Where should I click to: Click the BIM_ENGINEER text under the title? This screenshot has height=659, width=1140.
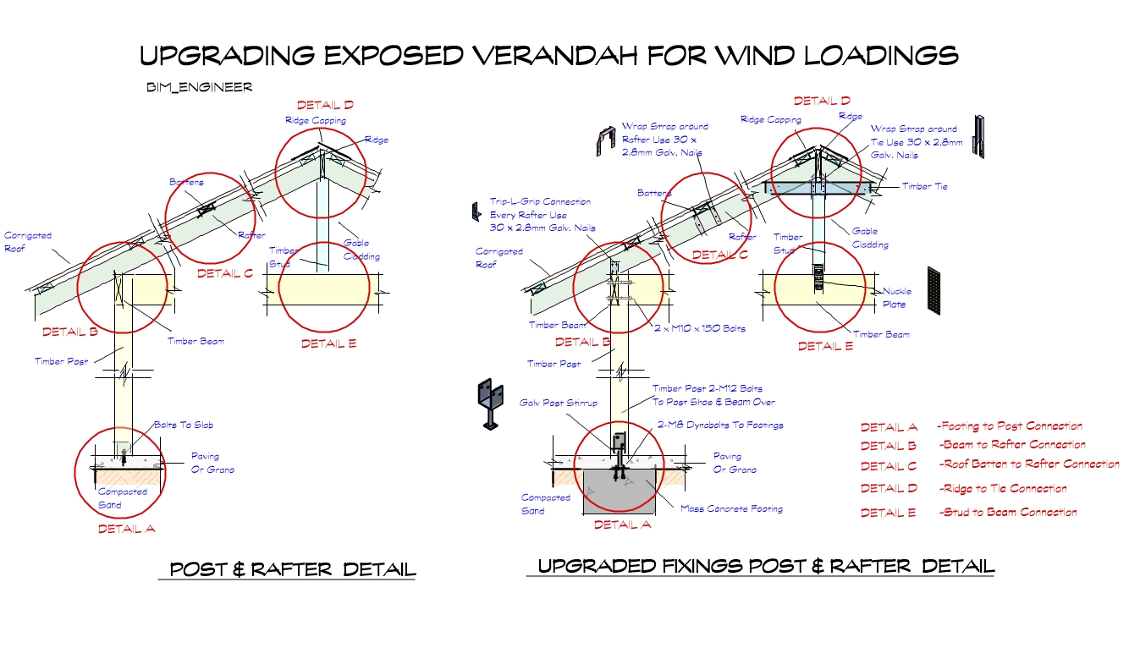coord(199,87)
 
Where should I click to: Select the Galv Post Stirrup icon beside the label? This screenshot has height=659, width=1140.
coord(489,404)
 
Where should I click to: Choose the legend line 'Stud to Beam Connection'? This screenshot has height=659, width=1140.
coord(1009,512)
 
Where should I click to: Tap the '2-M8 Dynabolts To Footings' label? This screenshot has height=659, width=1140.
coord(720,425)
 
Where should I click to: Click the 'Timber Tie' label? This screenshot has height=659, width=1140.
coord(924,186)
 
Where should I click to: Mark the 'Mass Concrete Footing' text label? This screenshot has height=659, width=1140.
coord(731,508)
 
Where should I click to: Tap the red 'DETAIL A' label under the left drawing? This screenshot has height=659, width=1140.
coord(127,529)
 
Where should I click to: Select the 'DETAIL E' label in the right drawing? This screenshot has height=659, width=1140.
coord(826,346)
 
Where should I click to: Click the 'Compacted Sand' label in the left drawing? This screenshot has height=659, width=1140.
coord(122,498)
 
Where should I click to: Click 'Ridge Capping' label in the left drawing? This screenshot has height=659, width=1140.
coord(316,121)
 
